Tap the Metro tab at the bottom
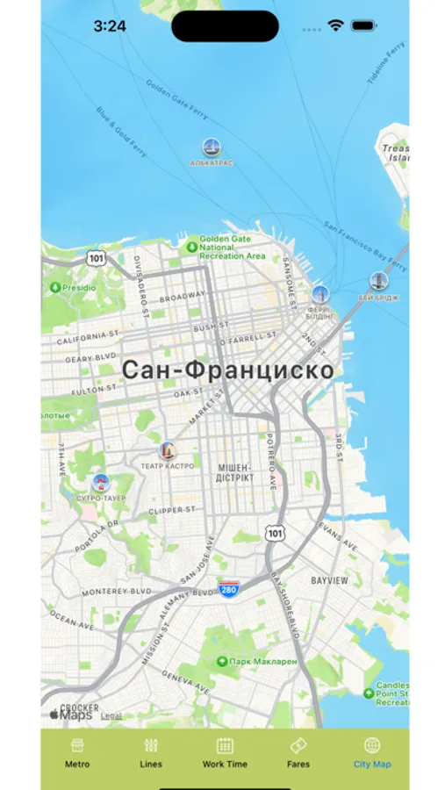[77, 752]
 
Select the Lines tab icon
[151, 752]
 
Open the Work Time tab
[225, 752]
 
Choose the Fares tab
[298, 752]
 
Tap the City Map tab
[372, 752]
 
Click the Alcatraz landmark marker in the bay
[212, 147]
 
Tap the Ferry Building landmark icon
[320, 295]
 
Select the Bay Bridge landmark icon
[379, 281]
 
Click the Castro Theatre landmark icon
[167, 451]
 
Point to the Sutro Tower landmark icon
[102, 482]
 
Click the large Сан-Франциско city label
[227, 370]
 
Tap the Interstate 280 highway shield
[229, 589]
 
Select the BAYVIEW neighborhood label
[329, 581]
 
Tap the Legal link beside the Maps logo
[111, 715]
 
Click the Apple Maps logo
[71, 715]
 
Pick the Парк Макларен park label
[262, 661]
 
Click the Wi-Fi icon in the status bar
[335, 26]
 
